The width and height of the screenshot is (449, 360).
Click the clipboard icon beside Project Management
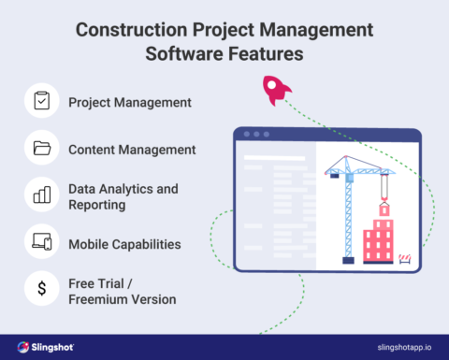tap(41, 100)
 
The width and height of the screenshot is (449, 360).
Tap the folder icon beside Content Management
tap(41, 148)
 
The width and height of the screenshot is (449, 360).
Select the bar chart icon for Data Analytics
tap(41, 195)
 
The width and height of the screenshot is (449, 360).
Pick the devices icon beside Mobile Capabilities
tap(41, 243)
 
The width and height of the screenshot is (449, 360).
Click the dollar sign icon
tap(41, 290)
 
